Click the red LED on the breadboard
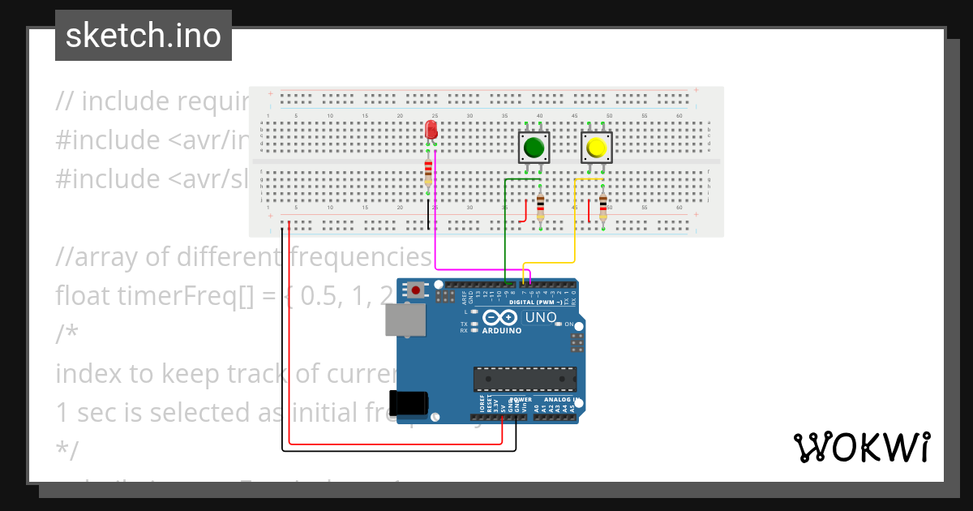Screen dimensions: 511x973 pos(431,130)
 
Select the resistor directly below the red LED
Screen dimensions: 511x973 pos(428,172)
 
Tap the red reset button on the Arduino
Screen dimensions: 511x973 pos(416,290)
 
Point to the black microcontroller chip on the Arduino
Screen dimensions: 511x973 pos(525,379)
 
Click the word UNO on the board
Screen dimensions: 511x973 pos(541,317)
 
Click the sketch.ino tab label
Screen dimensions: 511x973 pos(144,36)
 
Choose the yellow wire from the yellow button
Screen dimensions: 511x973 pos(575,227)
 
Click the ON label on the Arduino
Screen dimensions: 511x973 pos(569,324)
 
